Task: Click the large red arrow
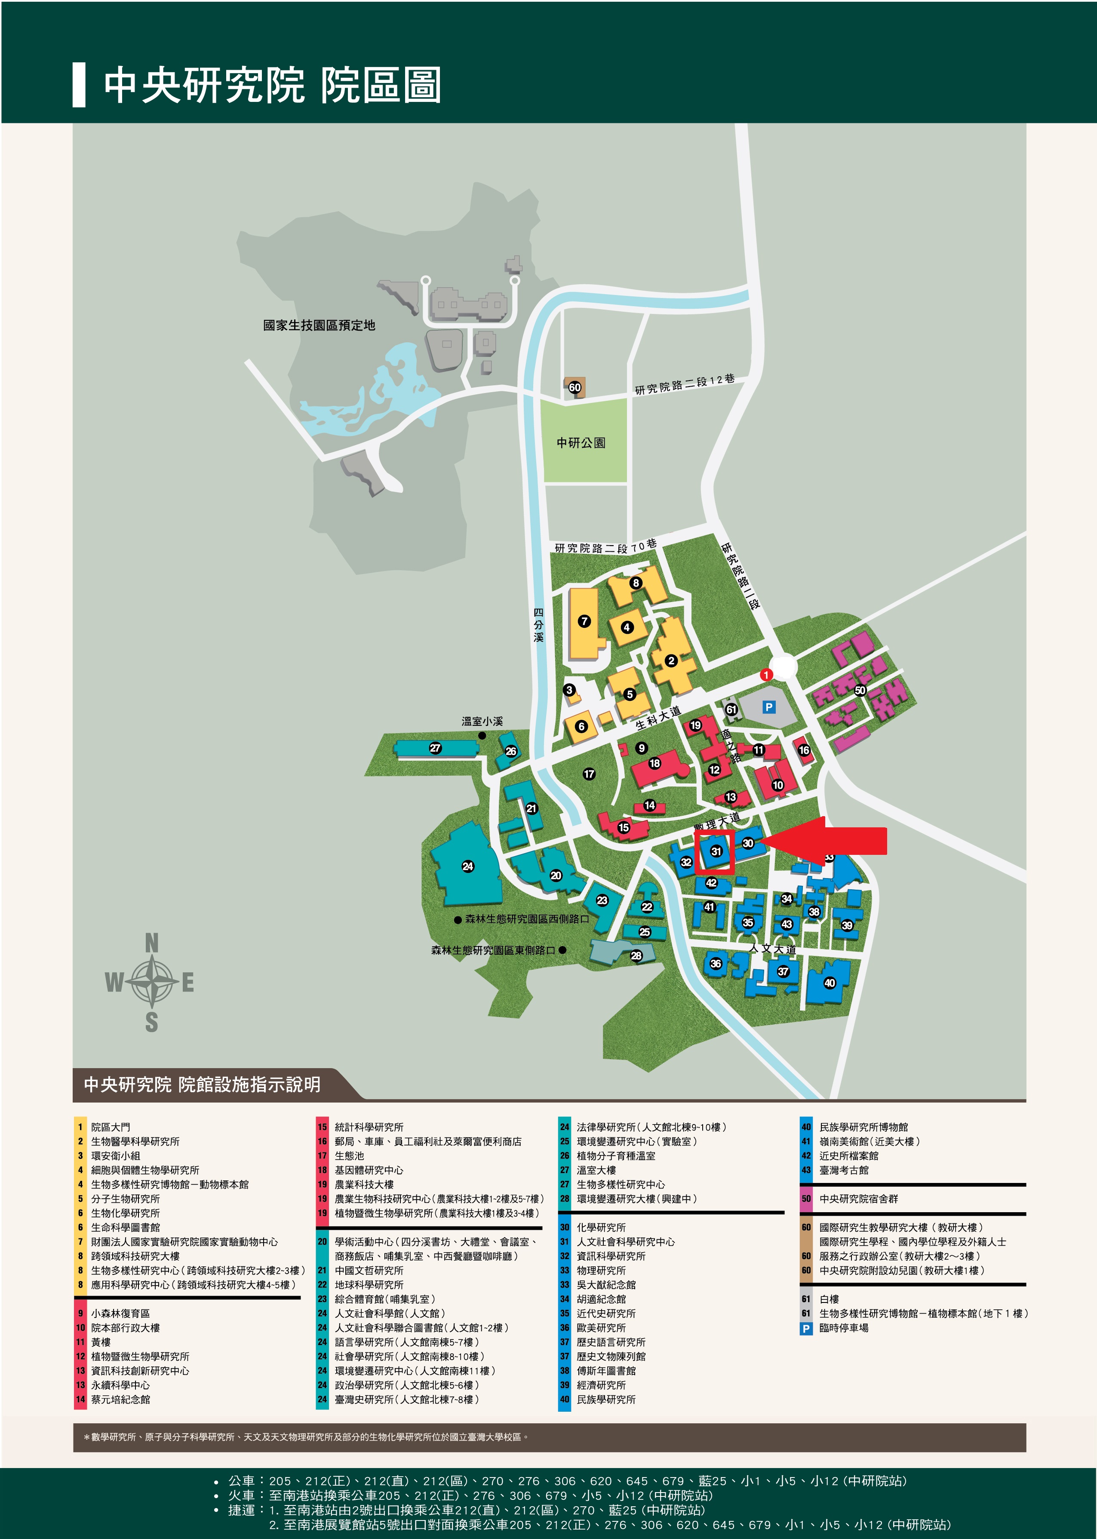(827, 841)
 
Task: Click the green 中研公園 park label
(581, 443)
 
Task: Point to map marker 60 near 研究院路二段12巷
(574, 387)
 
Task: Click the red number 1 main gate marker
(766, 675)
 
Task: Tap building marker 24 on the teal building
(467, 866)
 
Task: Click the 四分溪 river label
(538, 625)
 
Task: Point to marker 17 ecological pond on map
(589, 774)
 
